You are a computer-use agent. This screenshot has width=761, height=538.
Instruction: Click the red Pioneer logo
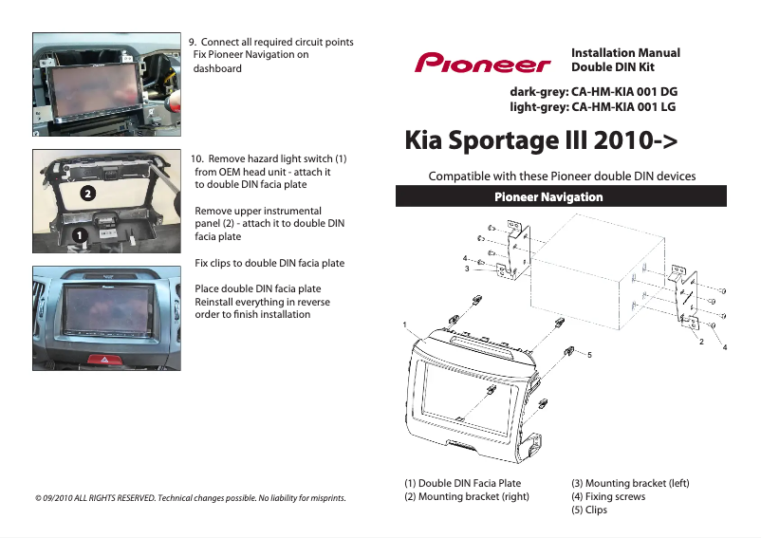(x=482, y=63)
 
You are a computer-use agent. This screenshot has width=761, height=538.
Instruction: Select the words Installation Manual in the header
(x=625, y=53)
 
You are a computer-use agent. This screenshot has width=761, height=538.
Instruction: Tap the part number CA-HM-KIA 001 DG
(x=622, y=91)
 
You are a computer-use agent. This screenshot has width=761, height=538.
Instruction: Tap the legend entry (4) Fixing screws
(x=607, y=496)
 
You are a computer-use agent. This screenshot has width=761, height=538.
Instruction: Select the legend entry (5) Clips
(x=588, y=510)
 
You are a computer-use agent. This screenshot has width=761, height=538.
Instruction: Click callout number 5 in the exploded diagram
(x=589, y=354)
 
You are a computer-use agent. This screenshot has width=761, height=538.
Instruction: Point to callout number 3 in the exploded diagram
(x=467, y=269)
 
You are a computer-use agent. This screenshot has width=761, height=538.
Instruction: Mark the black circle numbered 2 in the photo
(x=86, y=193)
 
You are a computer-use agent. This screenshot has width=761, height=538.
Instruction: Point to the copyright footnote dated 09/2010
(x=190, y=497)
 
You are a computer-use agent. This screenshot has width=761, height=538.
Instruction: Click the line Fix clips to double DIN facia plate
(x=269, y=263)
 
